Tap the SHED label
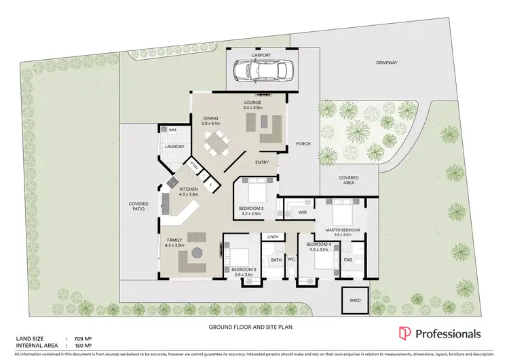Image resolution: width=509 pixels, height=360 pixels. pyautogui.click(x=354, y=301)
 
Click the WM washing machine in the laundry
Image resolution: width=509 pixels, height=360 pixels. pyautogui.click(x=164, y=129)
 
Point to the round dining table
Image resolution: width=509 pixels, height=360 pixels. pyautogui.click(x=216, y=143)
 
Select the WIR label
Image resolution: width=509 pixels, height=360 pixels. pyautogui.click(x=303, y=213)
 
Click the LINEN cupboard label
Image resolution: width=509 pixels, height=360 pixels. pyautogui.click(x=272, y=236)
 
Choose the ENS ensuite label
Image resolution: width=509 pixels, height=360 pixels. pyautogui.click(x=348, y=259)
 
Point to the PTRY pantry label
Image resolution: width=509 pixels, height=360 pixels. pyautogui.click(x=193, y=165)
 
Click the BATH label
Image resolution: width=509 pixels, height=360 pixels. pyautogui.click(x=276, y=259)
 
